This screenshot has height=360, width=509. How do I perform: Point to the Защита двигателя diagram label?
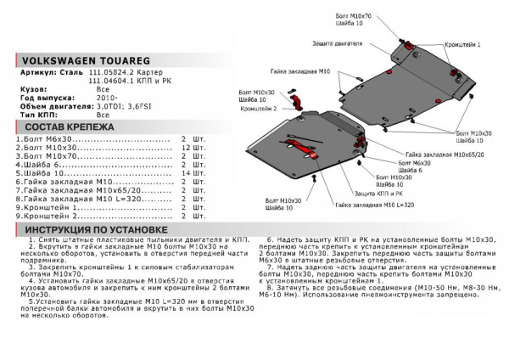(x=339, y=43)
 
